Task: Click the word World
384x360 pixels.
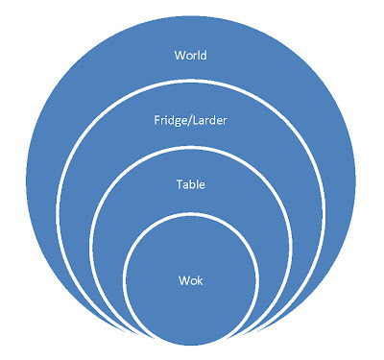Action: point(191,55)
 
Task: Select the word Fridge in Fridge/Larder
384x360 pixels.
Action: point(170,121)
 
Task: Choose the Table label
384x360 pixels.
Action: point(191,184)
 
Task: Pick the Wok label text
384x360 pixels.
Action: point(191,280)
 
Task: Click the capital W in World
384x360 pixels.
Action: point(180,56)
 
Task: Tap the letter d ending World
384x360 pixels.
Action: point(204,55)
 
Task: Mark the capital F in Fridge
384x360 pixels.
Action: point(157,120)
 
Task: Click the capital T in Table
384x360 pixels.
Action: point(180,184)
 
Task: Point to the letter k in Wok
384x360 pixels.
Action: point(200,280)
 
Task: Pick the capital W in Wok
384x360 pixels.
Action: point(184,281)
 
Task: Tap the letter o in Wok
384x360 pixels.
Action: point(193,282)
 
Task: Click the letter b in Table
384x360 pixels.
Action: point(194,184)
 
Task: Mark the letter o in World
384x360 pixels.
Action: point(189,57)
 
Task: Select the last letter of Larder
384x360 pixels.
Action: point(225,122)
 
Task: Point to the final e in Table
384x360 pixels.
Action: point(203,186)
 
